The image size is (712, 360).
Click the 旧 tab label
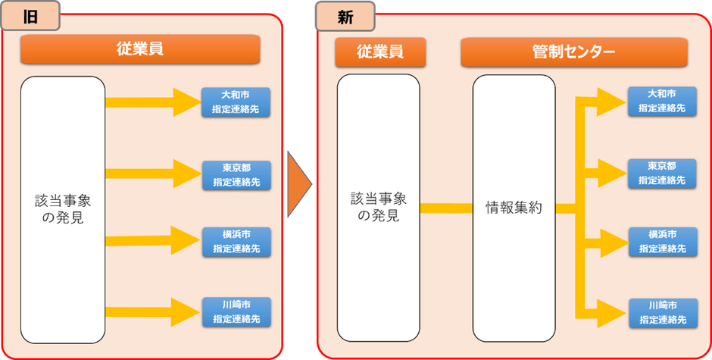click(31, 17)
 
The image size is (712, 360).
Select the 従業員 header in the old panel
click(140, 50)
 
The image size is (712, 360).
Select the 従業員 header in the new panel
click(380, 52)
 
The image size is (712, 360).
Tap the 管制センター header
click(573, 52)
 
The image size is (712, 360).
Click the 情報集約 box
click(514, 208)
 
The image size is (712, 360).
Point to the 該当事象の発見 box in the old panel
click(63, 209)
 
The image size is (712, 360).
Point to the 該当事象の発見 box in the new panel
click(378, 208)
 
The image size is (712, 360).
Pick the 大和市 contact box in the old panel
click(236, 102)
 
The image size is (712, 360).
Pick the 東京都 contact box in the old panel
click(236, 175)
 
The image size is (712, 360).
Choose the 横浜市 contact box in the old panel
click(236, 241)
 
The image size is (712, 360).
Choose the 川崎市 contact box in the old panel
click(236, 311)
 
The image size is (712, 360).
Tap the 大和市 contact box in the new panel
click(661, 101)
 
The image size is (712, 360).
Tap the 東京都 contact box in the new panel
click(661, 173)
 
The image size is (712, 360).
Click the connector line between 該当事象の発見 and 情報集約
click(446, 208)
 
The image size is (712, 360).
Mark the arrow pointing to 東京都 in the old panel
click(151, 174)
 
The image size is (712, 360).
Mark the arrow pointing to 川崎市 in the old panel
click(151, 311)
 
